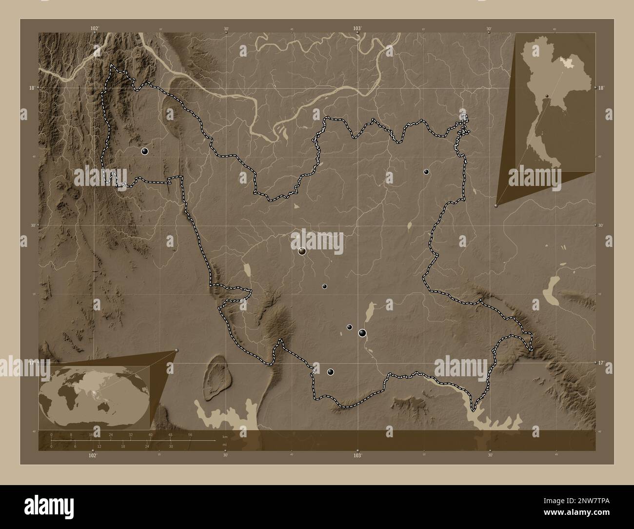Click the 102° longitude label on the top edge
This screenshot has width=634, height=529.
click(x=95, y=28)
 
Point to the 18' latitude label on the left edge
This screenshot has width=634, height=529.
click(x=31, y=88)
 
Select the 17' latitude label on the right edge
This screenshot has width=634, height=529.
click(x=602, y=363)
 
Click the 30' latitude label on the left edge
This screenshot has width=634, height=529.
click(x=32, y=225)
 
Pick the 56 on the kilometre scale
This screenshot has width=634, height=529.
click(x=190, y=434)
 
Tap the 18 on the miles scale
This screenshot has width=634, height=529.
click(x=123, y=446)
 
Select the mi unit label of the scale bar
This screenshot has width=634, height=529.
click(x=224, y=445)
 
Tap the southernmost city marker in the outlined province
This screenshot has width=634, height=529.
click(x=331, y=372)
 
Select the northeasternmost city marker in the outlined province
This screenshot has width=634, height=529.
click(x=426, y=172)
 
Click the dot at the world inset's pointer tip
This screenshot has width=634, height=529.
click(x=177, y=350)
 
